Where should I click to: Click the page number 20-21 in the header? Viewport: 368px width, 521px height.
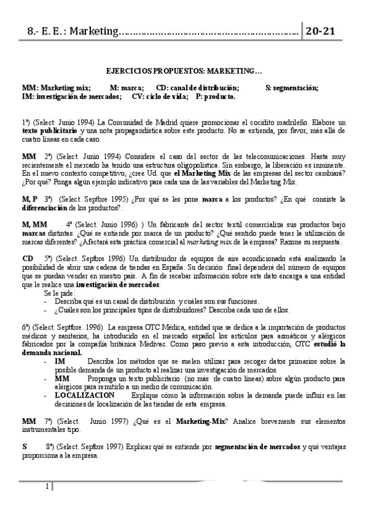pos(324,32)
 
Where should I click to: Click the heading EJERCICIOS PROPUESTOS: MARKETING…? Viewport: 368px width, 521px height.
pos(184,71)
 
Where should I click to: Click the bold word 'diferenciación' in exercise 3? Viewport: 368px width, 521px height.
pos(44,208)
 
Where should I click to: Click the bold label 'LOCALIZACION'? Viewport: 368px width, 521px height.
pos(80,394)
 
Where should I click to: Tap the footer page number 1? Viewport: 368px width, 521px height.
pos(47,487)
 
